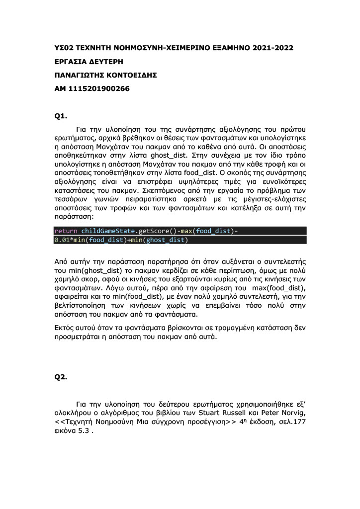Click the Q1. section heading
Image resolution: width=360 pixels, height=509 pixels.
click(60, 116)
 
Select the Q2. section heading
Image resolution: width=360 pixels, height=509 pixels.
click(60, 377)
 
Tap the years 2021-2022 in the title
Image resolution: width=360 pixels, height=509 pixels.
click(272, 48)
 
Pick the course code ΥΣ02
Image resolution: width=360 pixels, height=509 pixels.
click(65, 48)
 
